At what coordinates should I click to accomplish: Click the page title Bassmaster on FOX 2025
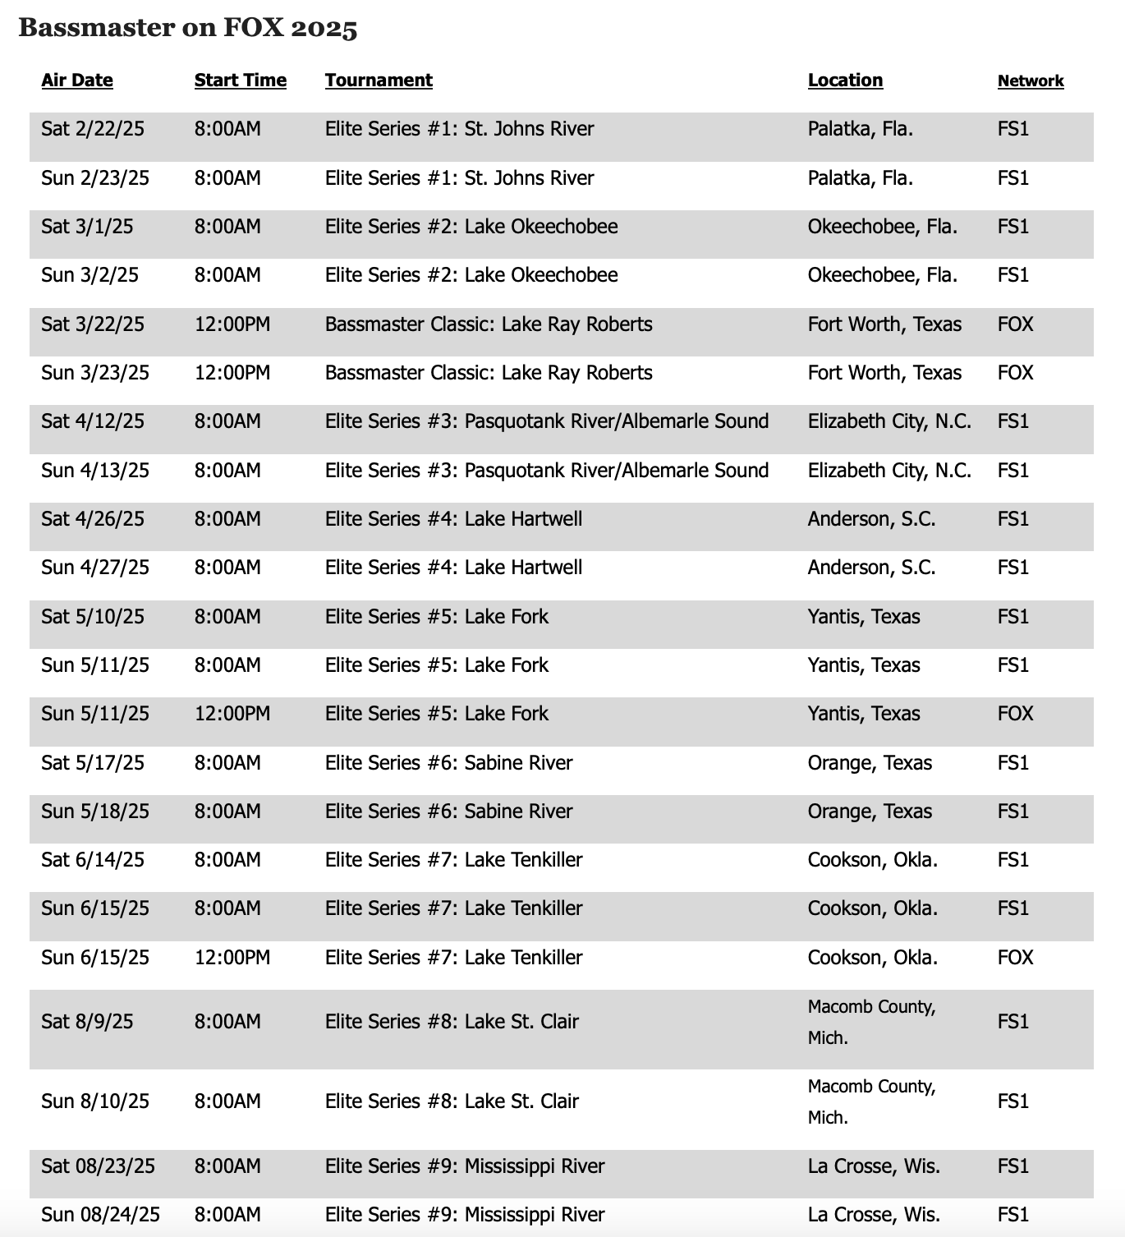pyautogui.click(x=188, y=29)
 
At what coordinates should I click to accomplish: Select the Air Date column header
pyautogui.click(x=77, y=80)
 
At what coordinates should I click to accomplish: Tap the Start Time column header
pyautogui.click(x=241, y=80)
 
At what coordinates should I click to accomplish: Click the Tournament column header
pyautogui.click(x=379, y=80)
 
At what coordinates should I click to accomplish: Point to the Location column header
pyautogui.click(x=845, y=80)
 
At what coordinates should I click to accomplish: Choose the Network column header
pyautogui.click(x=1031, y=81)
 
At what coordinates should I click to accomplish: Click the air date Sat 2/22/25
pyautogui.click(x=93, y=129)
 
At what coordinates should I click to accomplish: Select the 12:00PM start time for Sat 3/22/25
pyautogui.click(x=232, y=324)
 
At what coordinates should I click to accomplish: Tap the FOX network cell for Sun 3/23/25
pyautogui.click(x=1015, y=373)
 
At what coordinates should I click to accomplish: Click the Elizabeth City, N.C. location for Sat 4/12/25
pyautogui.click(x=889, y=421)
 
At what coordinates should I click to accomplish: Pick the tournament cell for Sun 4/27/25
pyautogui.click(x=453, y=568)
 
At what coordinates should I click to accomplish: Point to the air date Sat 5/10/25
pyautogui.click(x=93, y=617)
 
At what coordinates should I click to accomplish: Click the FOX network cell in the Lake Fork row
pyautogui.click(x=1015, y=714)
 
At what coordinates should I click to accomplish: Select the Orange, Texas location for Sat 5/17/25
pyautogui.click(x=870, y=763)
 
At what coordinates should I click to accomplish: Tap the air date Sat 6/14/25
pyautogui.click(x=93, y=860)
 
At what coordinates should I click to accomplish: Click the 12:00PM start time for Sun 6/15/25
pyautogui.click(x=232, y=958)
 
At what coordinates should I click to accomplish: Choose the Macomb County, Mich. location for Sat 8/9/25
pyautogui.click(x=871, y=1022)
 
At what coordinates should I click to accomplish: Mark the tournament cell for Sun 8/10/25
pyautogui.click(x=452, y=1101)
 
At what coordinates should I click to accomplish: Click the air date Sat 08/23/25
pyautogui.click(x=98, y=1166)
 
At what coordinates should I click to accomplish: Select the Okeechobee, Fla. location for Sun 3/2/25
pyautogui.click(x=883, y=275)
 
